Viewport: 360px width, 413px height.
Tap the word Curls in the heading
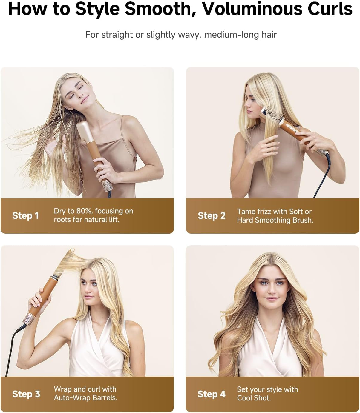(330, 9)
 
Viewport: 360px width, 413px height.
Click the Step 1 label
(25, 215)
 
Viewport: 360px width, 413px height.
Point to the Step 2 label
(212, 215)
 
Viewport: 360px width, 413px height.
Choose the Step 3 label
(26, 394)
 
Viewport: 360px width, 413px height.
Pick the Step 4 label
(212, 394)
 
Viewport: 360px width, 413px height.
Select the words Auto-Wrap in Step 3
(69, 398)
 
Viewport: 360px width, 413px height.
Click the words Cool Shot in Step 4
(254, 398)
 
